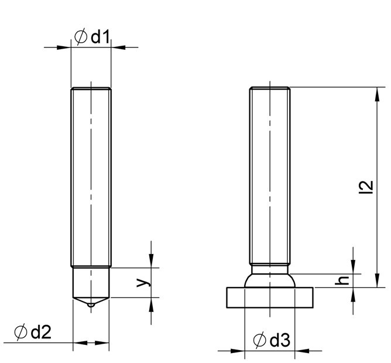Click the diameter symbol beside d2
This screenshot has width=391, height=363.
coord(20,333)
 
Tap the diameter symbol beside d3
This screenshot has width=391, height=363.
coord(260,340)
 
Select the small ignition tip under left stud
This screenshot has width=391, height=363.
coord(91,306)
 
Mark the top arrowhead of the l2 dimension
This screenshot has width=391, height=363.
coord(375,93)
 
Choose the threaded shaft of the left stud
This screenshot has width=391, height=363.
coord(91,176)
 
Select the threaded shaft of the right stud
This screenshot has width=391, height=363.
coord(270,176)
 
